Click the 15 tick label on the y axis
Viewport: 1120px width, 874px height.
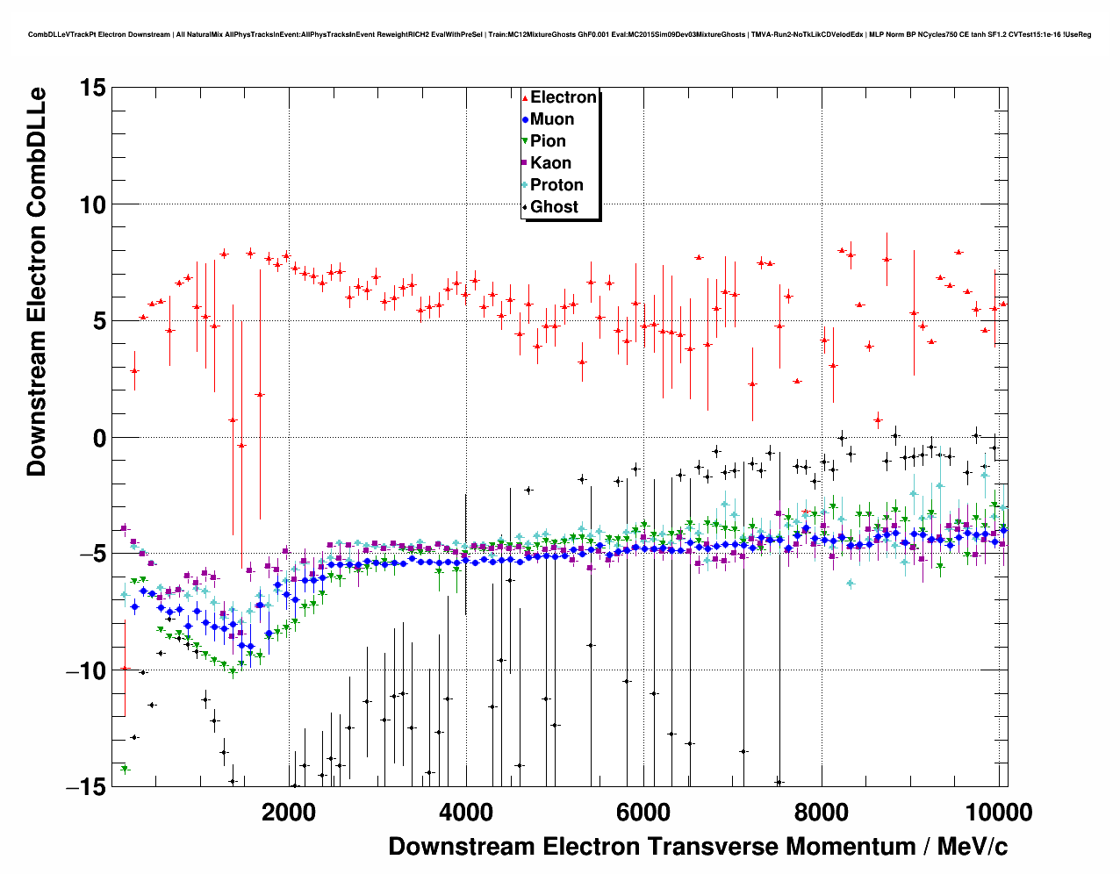tap(92, 88)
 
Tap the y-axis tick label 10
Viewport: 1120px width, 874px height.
tap(92, 204)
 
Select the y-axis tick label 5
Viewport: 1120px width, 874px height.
tap(99, 321)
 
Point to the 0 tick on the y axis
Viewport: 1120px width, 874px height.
tap(99, 438)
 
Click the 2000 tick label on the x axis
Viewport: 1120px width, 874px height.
tap(289, 813)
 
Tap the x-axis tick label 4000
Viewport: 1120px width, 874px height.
tap(466, 813)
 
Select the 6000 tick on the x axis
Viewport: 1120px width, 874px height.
tap(643, 813)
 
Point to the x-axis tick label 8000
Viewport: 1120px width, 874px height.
tap(821, 813)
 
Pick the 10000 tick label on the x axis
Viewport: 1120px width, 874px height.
tap(998, 813)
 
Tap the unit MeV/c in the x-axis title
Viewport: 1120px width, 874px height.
tap(973, 847)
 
